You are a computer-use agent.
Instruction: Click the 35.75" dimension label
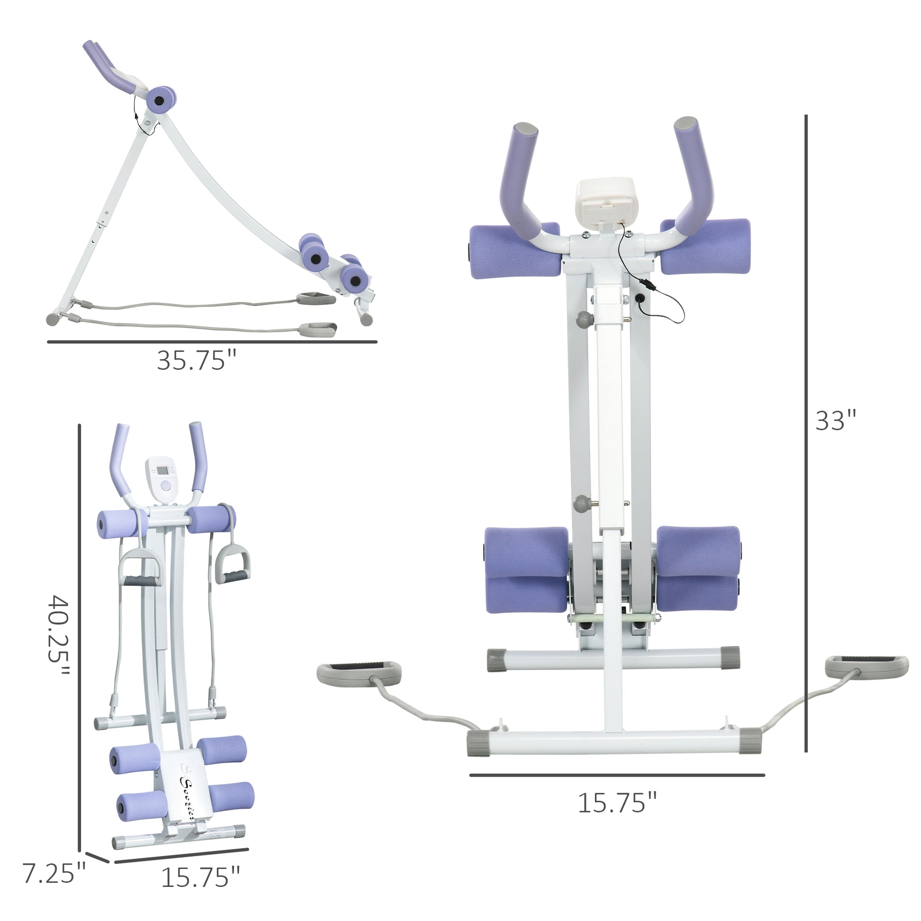[x=196, y=360]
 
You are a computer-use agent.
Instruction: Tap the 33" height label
[x=836, y=420]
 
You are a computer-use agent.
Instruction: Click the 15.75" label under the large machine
[x=617, y=803]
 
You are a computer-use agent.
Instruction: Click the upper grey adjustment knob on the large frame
[x=583, y=319]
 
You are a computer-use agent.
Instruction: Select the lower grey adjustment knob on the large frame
[x=582, y=504]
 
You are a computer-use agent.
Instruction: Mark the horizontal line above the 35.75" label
[x=212, y=342]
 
